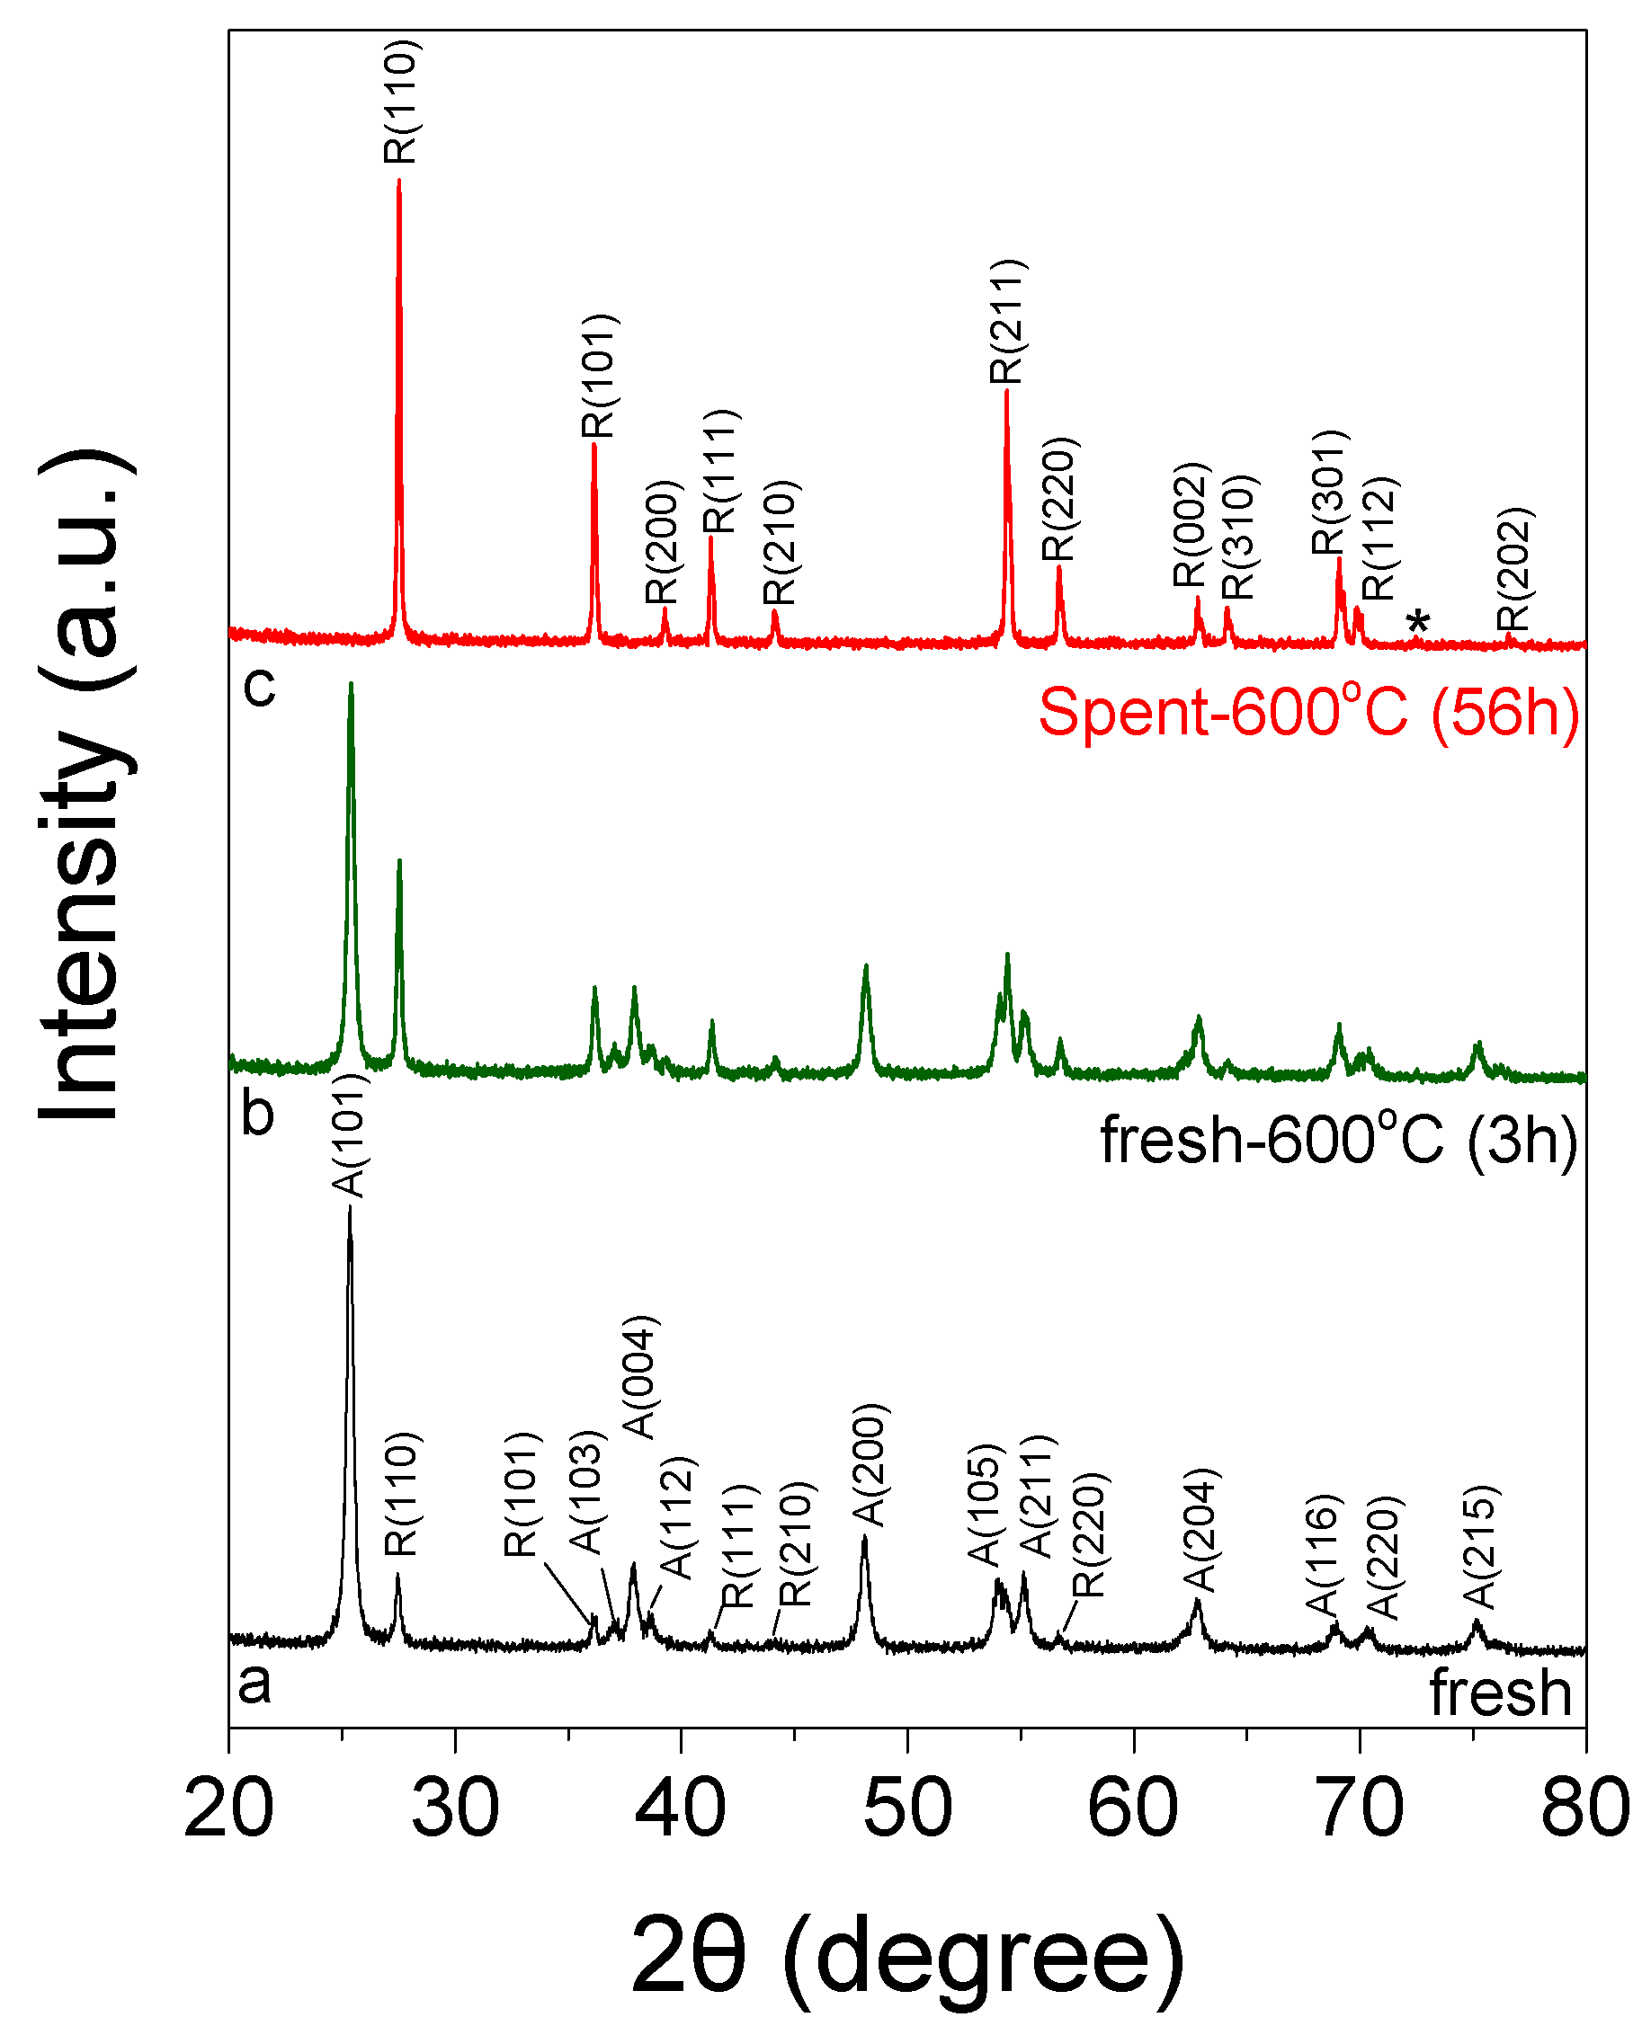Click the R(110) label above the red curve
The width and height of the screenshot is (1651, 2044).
[x=400, y=102]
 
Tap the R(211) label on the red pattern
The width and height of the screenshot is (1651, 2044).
[x=1007, y=321]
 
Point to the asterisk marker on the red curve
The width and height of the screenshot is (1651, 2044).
[x=1417, y=624]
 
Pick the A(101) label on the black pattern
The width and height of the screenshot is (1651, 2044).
[x=349, y=1135]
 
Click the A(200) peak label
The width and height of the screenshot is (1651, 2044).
[x=870, y=1465]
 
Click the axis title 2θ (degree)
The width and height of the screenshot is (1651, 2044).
[x=907, y=1959]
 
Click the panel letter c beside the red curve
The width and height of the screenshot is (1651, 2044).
[x=259, y=685]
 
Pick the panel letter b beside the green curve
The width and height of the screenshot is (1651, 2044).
[x=258, y=1111]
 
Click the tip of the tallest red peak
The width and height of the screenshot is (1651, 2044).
[x=398, y=181]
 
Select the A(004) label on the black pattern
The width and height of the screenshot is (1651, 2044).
[x=640, y=1377]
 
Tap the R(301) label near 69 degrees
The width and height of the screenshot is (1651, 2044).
[x=1328, y=493]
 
